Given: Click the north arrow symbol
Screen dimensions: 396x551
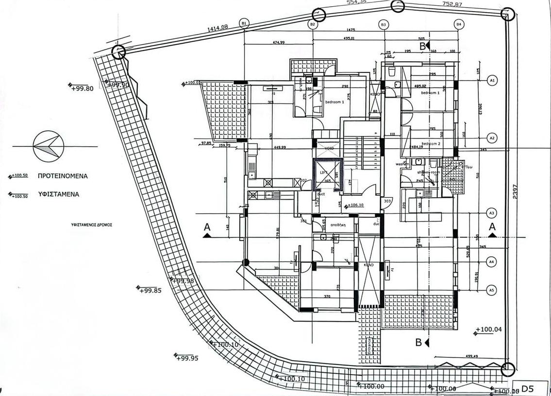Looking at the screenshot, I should coord(49,146).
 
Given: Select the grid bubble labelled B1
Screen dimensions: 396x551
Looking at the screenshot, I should coord(244,23).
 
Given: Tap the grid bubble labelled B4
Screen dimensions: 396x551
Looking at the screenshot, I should coord(459,24).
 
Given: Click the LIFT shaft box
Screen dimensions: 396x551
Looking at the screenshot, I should coord(328,173).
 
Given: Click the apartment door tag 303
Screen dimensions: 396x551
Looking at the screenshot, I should coord(387,201).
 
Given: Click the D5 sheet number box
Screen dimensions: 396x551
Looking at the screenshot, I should coord(528,388).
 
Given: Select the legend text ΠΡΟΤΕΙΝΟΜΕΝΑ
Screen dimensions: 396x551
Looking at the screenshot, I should coord(63,176).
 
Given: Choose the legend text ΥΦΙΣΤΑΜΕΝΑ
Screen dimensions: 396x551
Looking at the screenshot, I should coord(58,194).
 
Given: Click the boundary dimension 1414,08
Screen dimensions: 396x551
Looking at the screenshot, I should coord(217,29).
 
